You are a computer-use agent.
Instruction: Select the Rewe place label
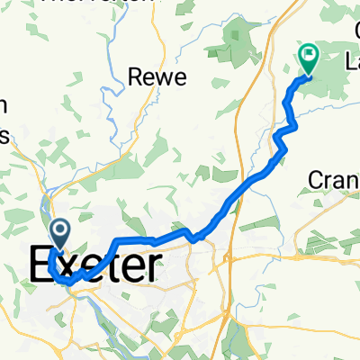pyautogui.click(x=157, y=77)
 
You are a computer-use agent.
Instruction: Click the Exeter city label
pyautogui.click(x=96, y=265)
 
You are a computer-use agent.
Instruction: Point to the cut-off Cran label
pyautogui.click(x=334, y=180)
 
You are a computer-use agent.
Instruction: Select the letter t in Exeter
pyautogui.click(x=112, y=265)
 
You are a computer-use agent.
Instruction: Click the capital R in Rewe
pyautogui.click(x=138, y=77)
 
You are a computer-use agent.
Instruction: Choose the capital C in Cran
pyautogui.click(x=316, y=180)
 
